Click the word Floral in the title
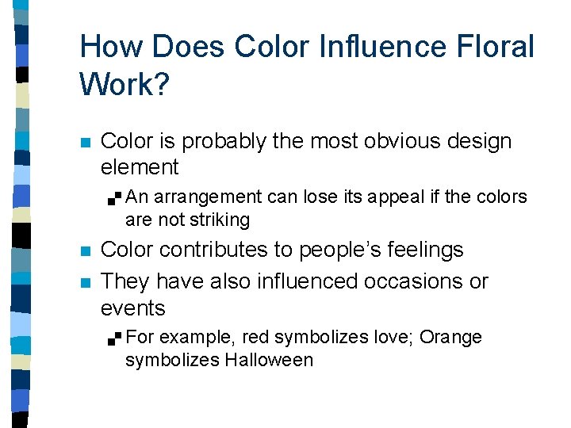[496, 47]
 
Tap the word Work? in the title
[124, 83]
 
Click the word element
[140, 167]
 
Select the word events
[132, 308]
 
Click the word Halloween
[268, 361]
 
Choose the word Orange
[450, 337]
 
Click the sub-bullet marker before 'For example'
[116, 338]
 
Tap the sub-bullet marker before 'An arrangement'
[116, 197]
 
